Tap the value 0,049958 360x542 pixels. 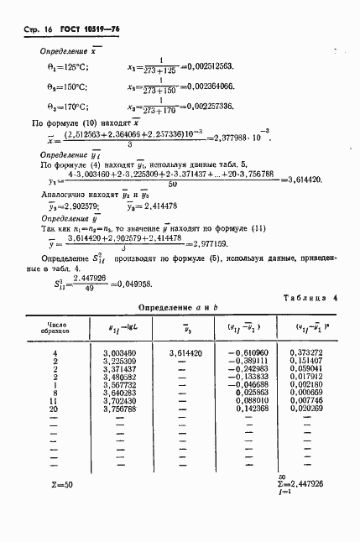[x=135, y=284]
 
